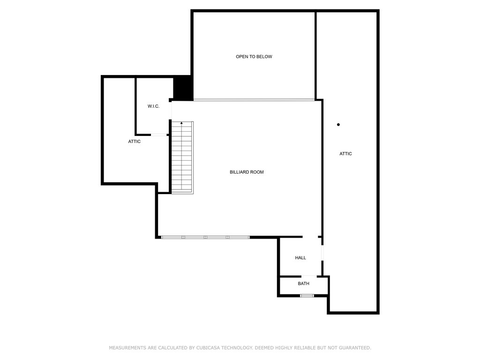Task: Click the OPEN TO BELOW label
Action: tap(254, 57)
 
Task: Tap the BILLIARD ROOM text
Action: tap(247, 172)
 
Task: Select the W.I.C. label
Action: tap(153, 106)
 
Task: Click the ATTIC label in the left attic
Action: tap(134, 142)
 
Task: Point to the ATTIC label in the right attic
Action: tap(345, 154)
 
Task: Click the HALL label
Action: tap(300, 258)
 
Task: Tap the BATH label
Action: tap(303, 284)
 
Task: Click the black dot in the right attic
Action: tap(338, 125)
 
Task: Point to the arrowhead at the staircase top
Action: tap(181, 123)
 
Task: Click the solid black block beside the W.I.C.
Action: tap(183, 88)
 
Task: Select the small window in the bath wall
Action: tap(307, 296)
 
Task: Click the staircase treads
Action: tap(182, 159)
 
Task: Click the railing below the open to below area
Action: tap(254, 100)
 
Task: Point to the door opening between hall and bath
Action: tap(309, 276)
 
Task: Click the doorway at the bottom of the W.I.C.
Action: tap(159, 135)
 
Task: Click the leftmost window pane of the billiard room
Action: tap(172, 237)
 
